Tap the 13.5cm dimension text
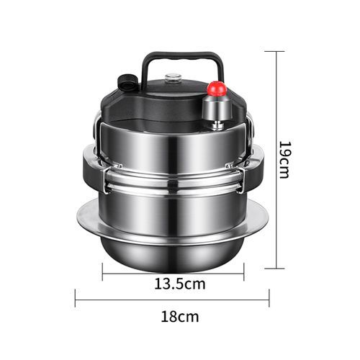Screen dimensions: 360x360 pos(180,284)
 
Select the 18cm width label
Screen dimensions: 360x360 pos(180,317)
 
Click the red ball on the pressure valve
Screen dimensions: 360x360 pos(217,89)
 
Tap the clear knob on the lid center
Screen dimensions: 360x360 pos(173,78)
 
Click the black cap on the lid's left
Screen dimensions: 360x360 pos(127,82)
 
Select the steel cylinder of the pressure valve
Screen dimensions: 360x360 pos(217,108)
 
